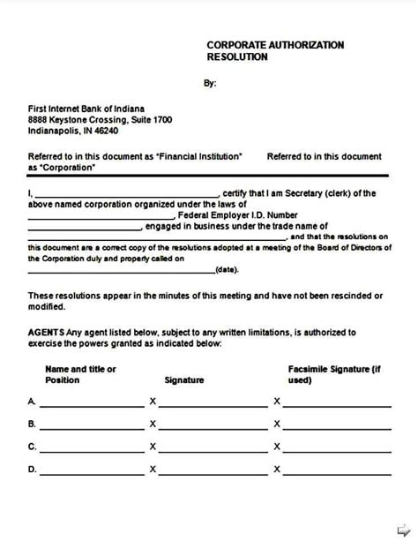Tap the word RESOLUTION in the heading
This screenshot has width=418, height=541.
236,56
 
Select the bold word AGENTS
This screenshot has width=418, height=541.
47,333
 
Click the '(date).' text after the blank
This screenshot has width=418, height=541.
228,270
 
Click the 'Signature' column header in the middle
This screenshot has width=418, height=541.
184,380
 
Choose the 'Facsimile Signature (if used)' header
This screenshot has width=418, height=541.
334,373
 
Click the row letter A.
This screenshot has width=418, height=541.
32,402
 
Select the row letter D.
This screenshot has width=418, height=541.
32,470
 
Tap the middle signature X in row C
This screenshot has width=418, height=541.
153,447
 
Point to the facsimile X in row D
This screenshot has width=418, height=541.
277,470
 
